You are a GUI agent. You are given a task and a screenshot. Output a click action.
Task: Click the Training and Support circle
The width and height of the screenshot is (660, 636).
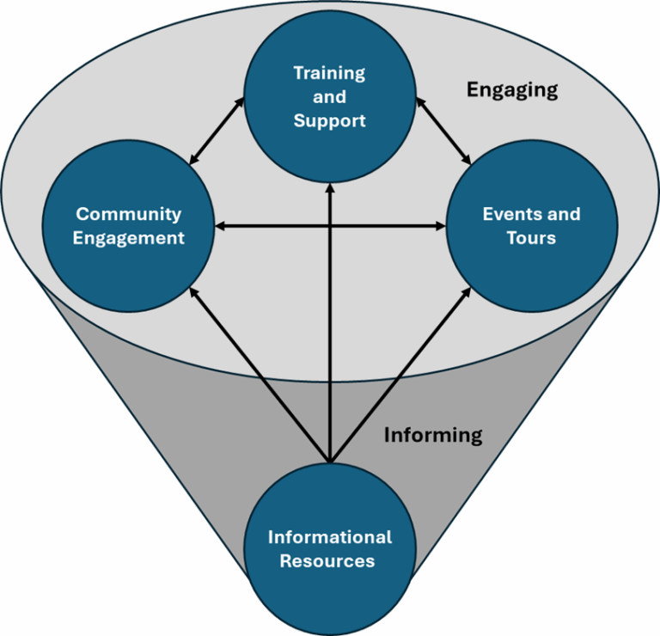pyautogui.click(x=330, y=97)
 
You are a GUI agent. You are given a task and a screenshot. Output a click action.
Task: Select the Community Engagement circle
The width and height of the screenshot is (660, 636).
pyautogui.click(x=128, y=226)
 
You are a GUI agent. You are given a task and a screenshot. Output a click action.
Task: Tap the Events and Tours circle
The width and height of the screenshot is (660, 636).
pyautogui.click(x=532, y=226)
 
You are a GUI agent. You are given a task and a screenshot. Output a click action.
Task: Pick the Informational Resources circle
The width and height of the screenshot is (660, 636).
pyautogui.click(x=330, y=549)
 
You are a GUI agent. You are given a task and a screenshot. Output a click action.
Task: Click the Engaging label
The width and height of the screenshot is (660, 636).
pyautogui.click(x=512, y=90)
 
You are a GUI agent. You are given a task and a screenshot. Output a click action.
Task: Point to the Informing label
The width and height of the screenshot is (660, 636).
pyautogui.click(x=433, y=436)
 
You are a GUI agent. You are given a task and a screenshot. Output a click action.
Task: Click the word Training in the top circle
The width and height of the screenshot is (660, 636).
pyautogui.click(x=330, y=74)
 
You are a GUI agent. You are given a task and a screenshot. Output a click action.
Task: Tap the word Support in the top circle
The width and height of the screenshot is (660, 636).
pyautogui.click(x=330, y=121)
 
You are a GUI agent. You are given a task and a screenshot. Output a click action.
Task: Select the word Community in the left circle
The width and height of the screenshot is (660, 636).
pyautogui.click(x=128, y=215)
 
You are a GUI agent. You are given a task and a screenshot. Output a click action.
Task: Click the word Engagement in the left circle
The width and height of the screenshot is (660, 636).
pyautogui.click(x=128, y=239)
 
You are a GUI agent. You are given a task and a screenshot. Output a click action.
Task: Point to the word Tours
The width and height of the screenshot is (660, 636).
pyautogui.click(x=531, y=238)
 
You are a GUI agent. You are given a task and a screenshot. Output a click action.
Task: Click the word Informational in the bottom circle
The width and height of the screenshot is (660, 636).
pyautogui.click(x=330, y=537)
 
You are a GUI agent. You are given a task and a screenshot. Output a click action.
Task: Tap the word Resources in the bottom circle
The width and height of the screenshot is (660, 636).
pyautogui.click(x=327, y=561)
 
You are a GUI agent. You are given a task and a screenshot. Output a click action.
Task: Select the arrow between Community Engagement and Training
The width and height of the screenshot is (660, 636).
pyautogui.click(x=217, y=131)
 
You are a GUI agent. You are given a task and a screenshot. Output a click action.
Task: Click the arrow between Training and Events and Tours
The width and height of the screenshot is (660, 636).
pyautogui.click(x=443, y=131)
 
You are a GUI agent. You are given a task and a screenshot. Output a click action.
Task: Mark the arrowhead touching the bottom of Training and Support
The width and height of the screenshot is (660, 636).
pyautogui.click(x=330, y=188)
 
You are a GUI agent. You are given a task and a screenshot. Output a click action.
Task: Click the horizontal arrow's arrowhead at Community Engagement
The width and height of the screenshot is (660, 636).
pyautogui.click(x=220, y=226)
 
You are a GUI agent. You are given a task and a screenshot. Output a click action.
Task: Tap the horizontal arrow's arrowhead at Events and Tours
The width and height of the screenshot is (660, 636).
pyautogui.click(x=440, y=226)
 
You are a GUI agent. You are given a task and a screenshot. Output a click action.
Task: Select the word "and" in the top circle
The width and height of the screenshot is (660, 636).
pyautogui.click(x=330, y=97)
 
